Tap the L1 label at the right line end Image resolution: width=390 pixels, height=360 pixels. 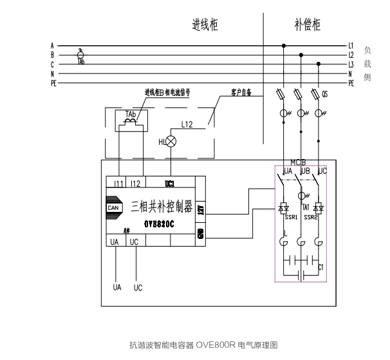351,46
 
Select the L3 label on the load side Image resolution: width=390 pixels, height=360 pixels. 351,64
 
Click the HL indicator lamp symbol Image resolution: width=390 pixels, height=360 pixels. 172,142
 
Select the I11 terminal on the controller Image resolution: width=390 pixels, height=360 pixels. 118,184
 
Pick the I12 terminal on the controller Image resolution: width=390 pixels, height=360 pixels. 135,184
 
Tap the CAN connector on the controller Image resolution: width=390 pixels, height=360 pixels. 113,207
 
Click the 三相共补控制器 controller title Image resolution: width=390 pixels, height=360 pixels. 162,207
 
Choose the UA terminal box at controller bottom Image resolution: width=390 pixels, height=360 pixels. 115,242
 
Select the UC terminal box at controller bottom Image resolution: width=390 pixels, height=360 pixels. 134,242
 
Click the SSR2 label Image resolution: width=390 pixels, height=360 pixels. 311,217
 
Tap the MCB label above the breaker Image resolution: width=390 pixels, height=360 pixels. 298,162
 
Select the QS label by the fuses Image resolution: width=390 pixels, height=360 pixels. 325,93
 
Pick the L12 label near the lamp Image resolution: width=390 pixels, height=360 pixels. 187,123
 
